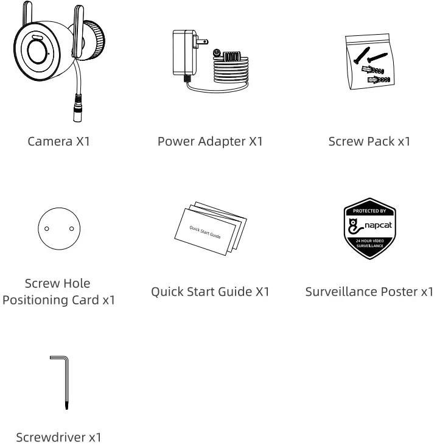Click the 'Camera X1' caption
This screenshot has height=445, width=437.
click(x=58, y=142)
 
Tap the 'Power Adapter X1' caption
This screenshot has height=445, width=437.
click(x=210, y=142)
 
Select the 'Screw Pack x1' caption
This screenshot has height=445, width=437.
click(x=369, y=142)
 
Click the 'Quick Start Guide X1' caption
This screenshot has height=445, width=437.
click(x=210, y=292)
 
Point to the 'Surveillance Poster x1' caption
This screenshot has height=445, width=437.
click(x=369, y=292)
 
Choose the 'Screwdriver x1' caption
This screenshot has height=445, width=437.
click(x=58, y=436)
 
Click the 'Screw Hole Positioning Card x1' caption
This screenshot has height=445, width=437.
click(x=58, y=292)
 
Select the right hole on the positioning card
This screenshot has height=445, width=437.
click(x=71, y=229)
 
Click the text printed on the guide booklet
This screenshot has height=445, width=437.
click(x=205, y=231)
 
